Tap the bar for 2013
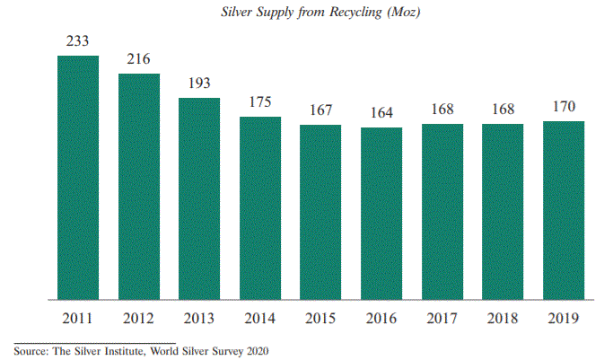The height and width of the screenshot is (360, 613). [x=199, y=198]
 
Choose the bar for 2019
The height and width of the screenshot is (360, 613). [x=564, y=210]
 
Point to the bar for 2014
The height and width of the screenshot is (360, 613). [x=260, y=207]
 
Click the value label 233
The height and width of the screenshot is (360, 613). [x=78, y=41]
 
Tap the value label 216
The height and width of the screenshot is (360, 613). [x=139, y=59]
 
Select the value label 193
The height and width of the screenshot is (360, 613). [x=199, y=83]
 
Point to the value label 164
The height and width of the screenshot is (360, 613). [x=381, y=113]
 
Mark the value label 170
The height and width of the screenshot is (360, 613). [x=564, y=107]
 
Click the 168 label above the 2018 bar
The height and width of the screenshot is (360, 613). [x=503, y=110]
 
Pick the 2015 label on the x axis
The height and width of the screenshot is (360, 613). [x=320, y=318]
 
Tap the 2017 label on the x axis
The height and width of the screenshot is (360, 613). [x=442, y=318]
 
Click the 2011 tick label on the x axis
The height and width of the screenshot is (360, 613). [x=78, y=318]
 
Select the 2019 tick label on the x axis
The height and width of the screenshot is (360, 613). [x=564, y=318]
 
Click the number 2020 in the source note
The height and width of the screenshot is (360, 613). [x=256, y=350]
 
